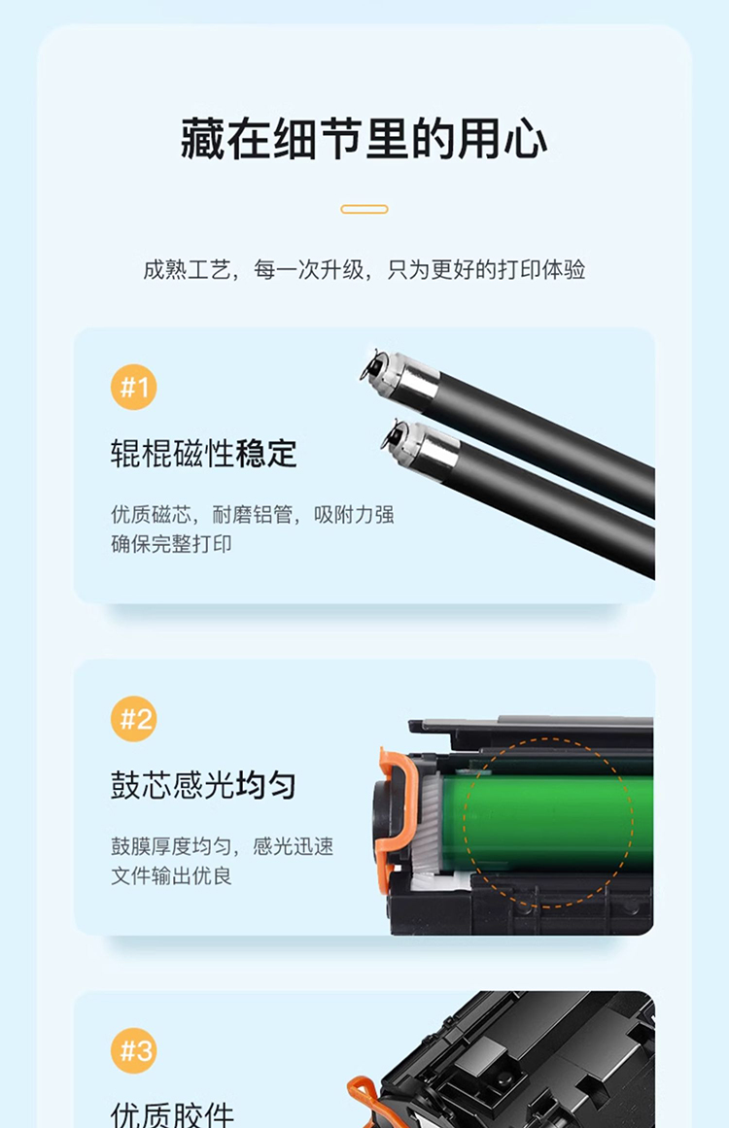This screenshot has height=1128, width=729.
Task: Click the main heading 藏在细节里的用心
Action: pos(364,138)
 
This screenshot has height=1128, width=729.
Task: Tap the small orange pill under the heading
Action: pos(364,209)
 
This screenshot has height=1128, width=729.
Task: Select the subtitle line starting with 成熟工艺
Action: pos(364,270)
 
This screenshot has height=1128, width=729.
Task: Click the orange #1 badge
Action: pos(134,387)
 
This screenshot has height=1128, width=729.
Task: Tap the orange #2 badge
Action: pos(134,719)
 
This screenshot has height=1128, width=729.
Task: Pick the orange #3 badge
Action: pos(134,1050)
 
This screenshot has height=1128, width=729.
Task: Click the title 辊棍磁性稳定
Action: pos(204,454)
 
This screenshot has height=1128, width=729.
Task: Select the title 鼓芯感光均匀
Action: pos(204,785)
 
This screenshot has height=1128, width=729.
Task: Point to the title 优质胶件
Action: pos(173,1114)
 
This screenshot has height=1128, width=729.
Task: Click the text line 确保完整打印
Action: pos(171,544)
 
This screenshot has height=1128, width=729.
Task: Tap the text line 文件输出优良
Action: pos(171,875)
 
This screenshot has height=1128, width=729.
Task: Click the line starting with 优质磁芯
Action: pos(252,514)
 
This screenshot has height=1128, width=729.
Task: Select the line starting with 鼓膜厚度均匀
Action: pos(222,846)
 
